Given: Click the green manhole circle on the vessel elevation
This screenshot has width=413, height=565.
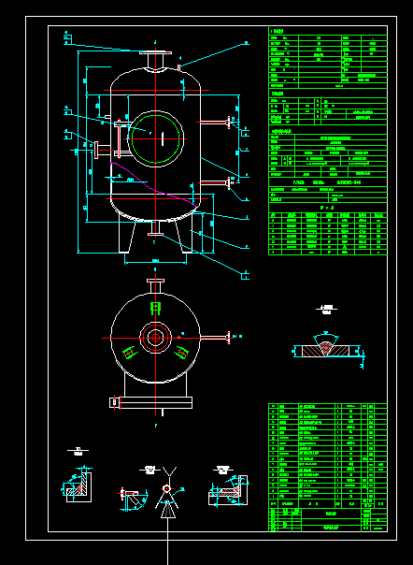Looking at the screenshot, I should point(156,138).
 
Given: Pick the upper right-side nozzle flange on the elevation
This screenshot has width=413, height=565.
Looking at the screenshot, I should point(230,121).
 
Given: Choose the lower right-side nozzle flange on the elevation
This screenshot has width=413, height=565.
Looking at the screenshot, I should point(230,182).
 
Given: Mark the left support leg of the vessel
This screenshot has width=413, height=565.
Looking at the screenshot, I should point(123,238).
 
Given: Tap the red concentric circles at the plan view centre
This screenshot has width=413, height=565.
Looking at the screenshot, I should point(155,337).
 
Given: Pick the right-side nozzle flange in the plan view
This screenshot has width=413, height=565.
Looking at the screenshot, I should point(227,336).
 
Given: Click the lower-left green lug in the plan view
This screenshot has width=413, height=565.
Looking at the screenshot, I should point(127,352).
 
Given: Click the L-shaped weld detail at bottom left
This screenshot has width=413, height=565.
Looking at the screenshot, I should point(80,485).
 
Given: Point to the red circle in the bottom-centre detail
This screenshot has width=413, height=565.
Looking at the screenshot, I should point(166,488).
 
